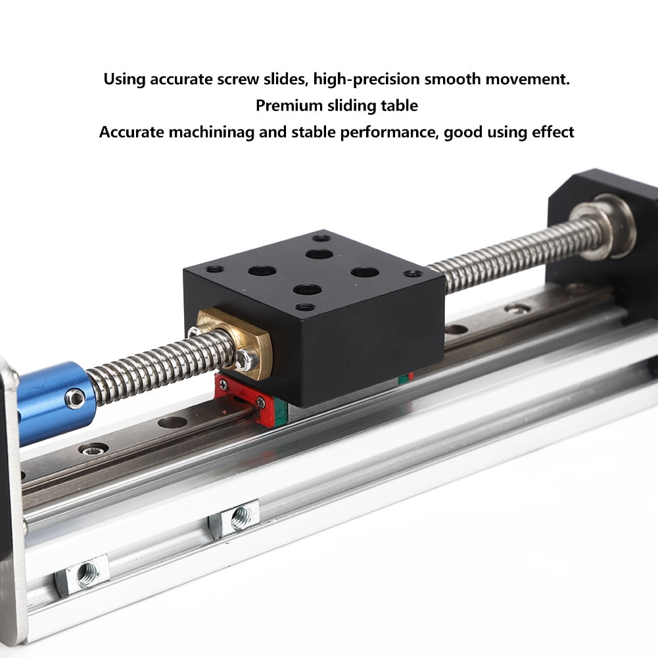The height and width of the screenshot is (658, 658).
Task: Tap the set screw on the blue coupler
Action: coord(76,398)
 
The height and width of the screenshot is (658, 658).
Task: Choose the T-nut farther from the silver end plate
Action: coord(235,518)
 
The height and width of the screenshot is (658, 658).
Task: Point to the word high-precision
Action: coord(366,80)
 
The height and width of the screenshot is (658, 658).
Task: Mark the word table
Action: coord(400,105)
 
